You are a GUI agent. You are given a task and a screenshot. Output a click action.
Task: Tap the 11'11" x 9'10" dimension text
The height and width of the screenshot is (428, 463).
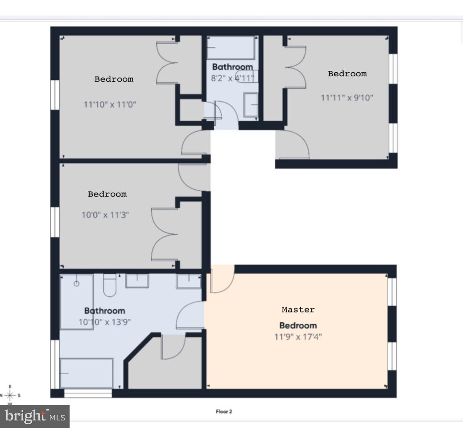point(347,97)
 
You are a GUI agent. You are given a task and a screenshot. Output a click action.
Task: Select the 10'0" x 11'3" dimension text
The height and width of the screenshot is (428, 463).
point(106,215)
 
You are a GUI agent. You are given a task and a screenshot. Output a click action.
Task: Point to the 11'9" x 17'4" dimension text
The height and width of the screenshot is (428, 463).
point(298,336)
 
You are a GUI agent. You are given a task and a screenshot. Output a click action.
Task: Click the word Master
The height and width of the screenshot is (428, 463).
point(298,309)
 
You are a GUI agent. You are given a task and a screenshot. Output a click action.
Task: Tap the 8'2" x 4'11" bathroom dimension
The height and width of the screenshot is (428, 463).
point(232,78)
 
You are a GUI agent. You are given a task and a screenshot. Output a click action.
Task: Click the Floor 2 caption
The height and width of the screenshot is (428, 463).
point(223,411)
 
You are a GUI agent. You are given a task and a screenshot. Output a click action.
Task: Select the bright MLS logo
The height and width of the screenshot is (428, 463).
point(35,416)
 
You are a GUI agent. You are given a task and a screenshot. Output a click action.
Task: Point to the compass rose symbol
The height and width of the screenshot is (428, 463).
point(11,395)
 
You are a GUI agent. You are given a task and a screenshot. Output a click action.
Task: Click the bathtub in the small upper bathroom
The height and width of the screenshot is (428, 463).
point(231,48)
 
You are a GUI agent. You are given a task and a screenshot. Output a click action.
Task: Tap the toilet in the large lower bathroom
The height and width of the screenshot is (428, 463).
point(110,286)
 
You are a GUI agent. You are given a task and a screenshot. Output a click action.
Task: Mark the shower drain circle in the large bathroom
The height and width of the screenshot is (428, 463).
point(76,283)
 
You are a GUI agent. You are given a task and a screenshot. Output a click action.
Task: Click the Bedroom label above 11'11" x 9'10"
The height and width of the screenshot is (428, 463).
point(347,74)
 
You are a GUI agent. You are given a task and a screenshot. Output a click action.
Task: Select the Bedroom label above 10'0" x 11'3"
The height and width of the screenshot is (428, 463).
point(107,194)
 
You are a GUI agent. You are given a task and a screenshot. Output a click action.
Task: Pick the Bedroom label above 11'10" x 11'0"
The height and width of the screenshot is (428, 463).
point(114,79)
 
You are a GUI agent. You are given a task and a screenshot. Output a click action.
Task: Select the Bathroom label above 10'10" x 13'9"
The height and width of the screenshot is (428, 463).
point(105,311)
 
